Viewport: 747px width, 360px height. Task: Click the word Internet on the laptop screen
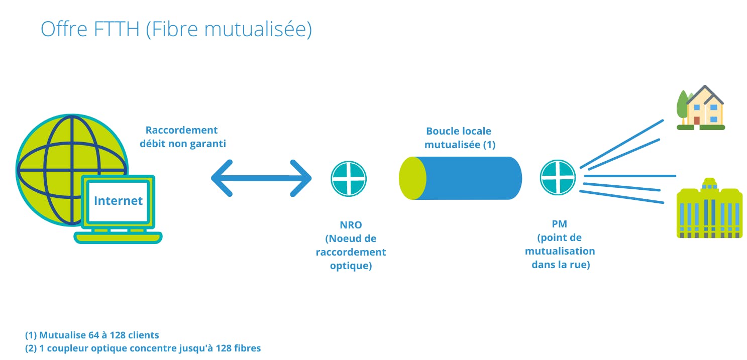coord(118,201)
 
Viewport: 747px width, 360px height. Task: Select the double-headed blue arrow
coord(261,178)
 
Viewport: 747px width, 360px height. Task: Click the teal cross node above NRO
coord(349,178)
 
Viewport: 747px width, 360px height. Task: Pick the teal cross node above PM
coord(558,177)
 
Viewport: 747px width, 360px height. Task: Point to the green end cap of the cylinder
coord(412,178)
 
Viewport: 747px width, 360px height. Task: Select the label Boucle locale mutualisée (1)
coord(459,138)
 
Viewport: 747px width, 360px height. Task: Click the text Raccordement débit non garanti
coord(182,137)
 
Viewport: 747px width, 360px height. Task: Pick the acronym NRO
coord(351,225)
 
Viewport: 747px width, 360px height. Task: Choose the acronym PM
coord(559,224)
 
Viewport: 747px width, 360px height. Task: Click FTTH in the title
coord(117,29)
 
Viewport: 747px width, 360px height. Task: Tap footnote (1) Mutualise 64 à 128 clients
coord(92,335)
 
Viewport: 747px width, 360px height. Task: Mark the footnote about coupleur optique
coord(143,348)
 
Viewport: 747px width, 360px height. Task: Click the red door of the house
coord(697,121)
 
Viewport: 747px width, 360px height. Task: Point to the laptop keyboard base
coord(118,237)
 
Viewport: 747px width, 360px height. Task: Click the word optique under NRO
coord(351,266)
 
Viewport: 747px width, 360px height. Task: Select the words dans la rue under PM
coord(561,265)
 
